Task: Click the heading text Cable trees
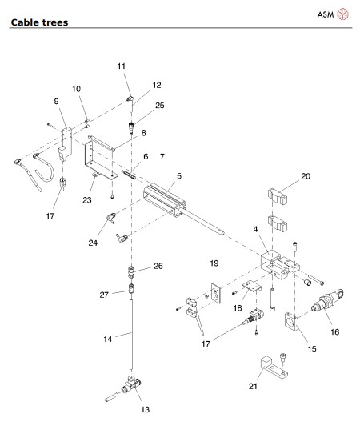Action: [x=39, y=22]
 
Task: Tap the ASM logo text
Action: [x=326, y=14]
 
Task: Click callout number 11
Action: [x=122, y=66]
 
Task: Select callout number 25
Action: [x=160, y=106]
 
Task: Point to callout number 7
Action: [x=162, y=156]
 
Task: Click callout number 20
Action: [x=306, y=176]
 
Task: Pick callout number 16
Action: [x=334, y=331]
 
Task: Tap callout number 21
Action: [x=253, y=386]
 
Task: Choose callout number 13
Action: [x=146, y=410]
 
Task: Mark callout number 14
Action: [x=108, y=340]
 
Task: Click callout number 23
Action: [x=87, y=200]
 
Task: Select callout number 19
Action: [x=214, y=263]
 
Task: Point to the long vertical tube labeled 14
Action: [x=131, y=335]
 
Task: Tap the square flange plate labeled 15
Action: [x=291, y=321]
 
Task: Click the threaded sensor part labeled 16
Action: [x=327, y=301]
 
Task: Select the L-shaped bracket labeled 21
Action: [x=274, y=367]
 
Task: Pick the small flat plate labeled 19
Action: [x=215, y=293]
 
